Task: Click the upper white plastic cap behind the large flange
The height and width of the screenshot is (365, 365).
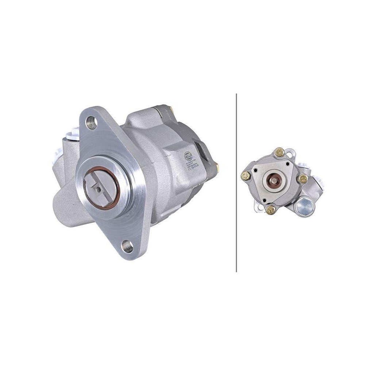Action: tap(75, 132)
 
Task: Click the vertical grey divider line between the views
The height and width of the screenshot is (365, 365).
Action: tap(237, 182)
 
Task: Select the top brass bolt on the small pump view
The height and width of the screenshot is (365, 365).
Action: tap(280, 152)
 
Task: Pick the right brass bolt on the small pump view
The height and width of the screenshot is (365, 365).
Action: tap(303, 178)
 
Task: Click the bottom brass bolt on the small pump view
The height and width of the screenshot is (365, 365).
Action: tap(271, 209)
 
